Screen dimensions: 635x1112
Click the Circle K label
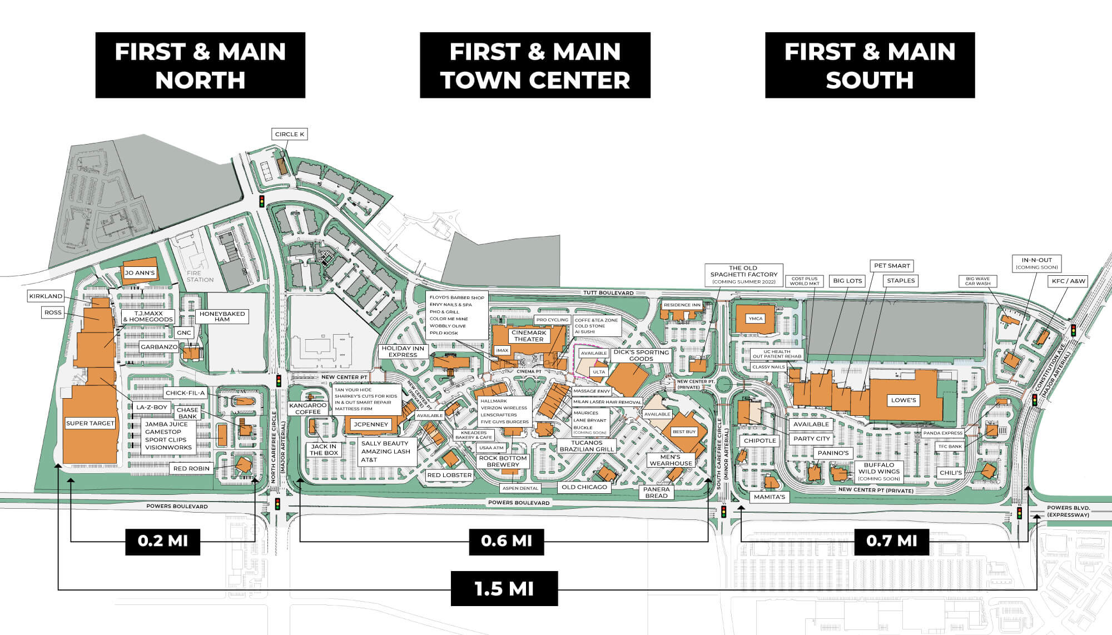(x=290, y=134)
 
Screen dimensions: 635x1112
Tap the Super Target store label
(x=90, y=423)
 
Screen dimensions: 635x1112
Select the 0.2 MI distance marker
(x=162, y=540)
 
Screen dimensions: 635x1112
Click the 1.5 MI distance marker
(x=504, y=588)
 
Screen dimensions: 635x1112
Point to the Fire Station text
(x=200, y=276)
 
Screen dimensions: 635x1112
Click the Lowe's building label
(x=903, y=400)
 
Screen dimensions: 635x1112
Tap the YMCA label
(x=755, y=319)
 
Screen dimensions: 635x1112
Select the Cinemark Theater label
(x=529, y=336)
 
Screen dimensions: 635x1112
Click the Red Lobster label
(x=449, y=475)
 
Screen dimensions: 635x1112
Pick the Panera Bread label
(x=656, y=492)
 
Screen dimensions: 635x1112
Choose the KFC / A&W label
(x=1068, y=281)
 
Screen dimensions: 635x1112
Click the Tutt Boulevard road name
(x=608, y=292)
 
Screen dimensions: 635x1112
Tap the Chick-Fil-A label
(x=185, y=393)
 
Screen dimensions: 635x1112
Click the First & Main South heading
(x=870, y=65)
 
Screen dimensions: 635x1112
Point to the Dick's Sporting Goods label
(x=641, y=355)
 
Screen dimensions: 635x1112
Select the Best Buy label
(x=684, y=431)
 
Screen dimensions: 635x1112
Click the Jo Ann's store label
(x=140, y=273)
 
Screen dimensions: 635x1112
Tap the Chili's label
(x=950, y=473)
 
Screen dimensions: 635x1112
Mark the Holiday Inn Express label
(x=403, y=351)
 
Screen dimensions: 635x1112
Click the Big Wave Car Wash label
(x=977, y=281)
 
